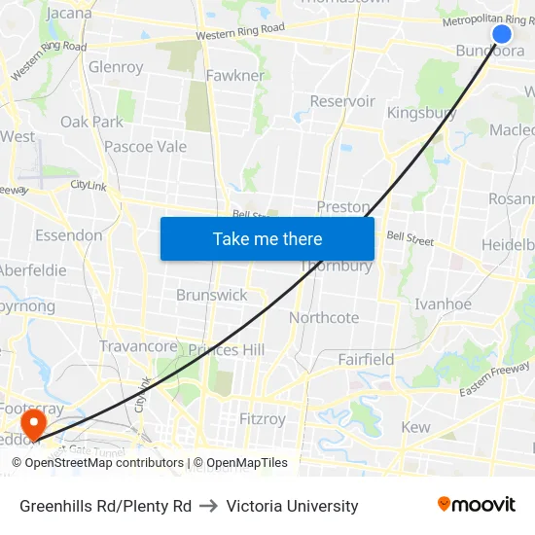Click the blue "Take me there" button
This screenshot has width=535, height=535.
[x=267, y=238]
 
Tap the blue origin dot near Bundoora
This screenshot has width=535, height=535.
[x=502, y=34]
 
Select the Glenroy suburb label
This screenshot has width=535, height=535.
[x=116, y=67]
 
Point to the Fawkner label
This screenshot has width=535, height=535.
[x=234, y=75]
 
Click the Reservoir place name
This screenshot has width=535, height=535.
[x=342, y=101]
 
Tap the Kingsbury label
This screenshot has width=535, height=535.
[x=421, y=113]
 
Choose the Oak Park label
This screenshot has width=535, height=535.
[x=92, y=122]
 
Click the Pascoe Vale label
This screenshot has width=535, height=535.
[x=145, y=147]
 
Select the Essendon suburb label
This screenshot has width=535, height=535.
[x=68, y=235]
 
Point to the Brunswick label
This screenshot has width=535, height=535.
[x=212, y=295]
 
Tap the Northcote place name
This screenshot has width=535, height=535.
[x=324, y=317]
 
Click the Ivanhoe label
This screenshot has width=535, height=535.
[x=443, y=304]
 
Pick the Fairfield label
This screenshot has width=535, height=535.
[x=366, y=359]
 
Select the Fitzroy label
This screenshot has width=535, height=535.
[x=263, y=419]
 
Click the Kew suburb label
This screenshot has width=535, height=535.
[x=415, y=427]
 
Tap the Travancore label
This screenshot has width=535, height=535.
[x=138, y=346]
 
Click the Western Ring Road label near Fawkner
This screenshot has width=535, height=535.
[x=239, y=35]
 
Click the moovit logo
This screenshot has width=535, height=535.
[x=477, y=504]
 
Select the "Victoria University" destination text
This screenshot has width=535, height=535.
[x=292, y=506]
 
